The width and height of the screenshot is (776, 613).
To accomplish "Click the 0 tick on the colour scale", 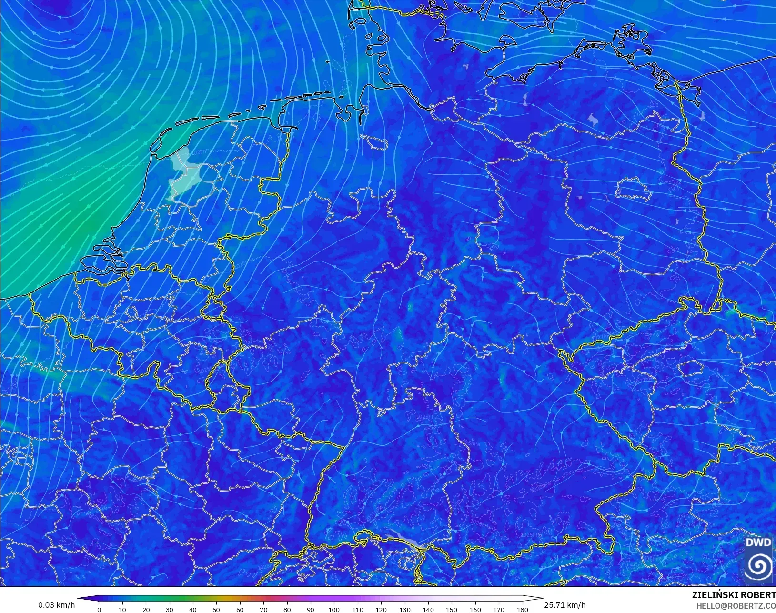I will pos(99,609).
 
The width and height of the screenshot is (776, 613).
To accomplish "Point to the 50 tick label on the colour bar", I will pos(217,609).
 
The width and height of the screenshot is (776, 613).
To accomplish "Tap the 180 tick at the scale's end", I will pos(523,609).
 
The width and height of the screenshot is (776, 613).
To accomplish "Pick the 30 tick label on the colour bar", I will pos(170,609).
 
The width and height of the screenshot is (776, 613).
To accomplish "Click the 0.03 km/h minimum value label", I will pos(56,605).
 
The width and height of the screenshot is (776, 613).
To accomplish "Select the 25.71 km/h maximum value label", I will pos(564,605).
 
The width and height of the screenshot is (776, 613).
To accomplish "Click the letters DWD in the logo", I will pos(758,543).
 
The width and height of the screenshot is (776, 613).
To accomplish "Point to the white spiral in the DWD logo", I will pos(758,566).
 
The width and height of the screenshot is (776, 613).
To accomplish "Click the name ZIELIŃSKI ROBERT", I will pos(733,595).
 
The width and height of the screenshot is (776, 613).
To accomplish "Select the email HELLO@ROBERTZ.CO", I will pos(736,606).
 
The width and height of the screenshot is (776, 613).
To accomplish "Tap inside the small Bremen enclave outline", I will pos(373,141).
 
